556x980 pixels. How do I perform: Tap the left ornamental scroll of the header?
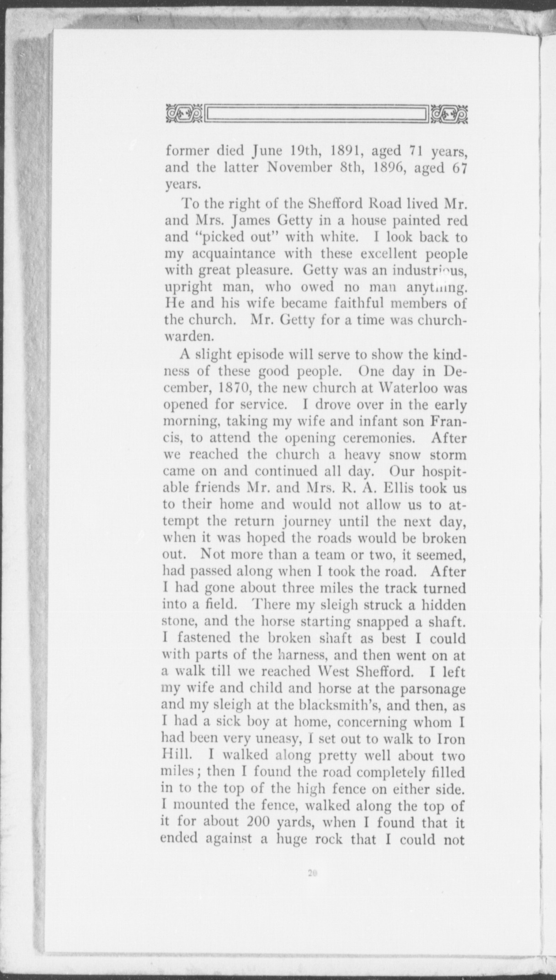[184, 114]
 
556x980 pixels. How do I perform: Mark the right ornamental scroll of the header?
[449, 114]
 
